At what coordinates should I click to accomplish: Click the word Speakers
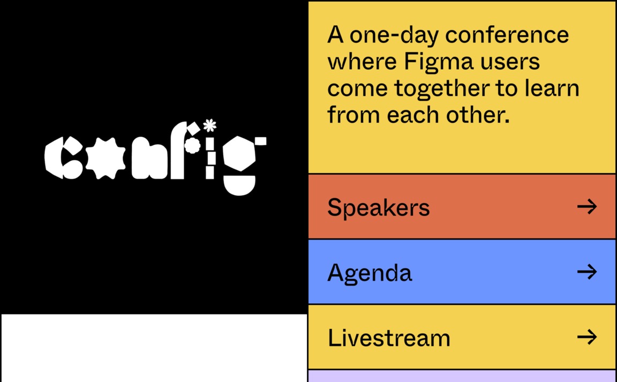(x=378, y=208)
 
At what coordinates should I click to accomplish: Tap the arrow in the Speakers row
(x=587, y=206)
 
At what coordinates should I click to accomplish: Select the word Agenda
(x=370, y=273)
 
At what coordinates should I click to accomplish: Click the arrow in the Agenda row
(x=587, y=272)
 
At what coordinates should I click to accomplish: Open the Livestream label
(x=389, y=338)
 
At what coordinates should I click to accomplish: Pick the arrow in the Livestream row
(x=587, y=337)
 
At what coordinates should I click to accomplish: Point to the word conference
(x=507, y=35)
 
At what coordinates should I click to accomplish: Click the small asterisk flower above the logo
(x=210, y=125)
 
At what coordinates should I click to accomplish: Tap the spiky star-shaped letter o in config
(x=105, y=158)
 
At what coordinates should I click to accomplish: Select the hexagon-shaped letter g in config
(x=239, y=154)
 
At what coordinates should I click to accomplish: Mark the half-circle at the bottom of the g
(x=239, y=185)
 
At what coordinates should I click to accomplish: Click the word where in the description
(x=362, y=62)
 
